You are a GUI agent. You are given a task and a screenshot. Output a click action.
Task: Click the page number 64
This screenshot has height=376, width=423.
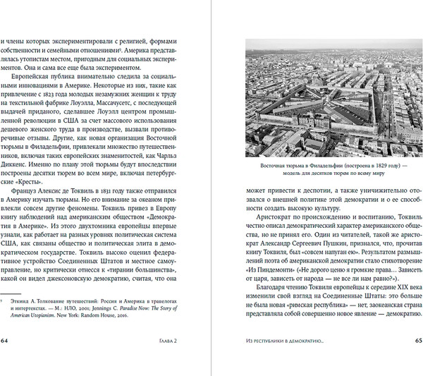(x=6, y=360)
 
